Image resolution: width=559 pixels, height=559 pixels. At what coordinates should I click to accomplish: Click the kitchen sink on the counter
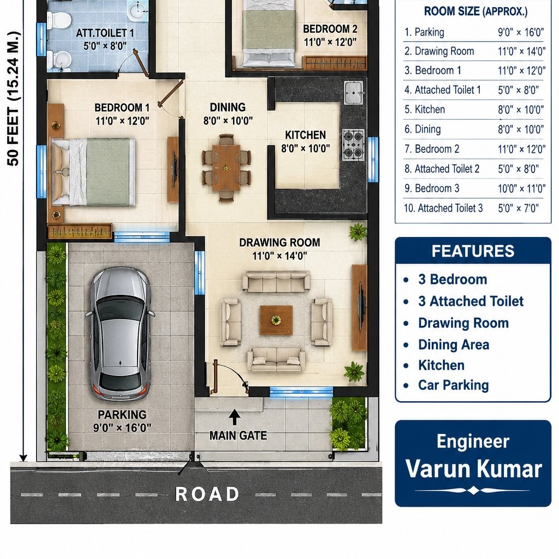click(354, 92)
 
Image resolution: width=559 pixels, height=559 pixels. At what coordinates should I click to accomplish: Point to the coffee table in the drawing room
click(276, 320)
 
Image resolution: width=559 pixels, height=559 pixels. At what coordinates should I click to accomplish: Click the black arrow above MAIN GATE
click(234, 417)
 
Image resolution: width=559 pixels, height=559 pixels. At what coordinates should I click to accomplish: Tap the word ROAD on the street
click(207, 494)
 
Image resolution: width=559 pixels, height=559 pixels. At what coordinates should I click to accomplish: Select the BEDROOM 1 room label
click(122, 108)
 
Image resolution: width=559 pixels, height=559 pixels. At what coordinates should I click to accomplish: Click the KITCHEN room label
click(305, 135)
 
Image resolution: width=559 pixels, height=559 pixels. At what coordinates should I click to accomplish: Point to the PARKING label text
click(122, 415)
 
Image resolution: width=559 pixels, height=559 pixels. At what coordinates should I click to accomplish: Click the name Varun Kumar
click(473, 468)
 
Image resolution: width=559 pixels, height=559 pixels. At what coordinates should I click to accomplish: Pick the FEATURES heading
click(473, 251)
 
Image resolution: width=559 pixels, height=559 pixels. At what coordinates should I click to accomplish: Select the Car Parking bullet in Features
click(453, 385)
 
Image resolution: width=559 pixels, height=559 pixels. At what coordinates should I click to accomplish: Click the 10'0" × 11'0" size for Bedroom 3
click(521, 188)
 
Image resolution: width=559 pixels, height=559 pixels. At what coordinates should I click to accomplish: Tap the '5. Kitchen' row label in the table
click(425, 109)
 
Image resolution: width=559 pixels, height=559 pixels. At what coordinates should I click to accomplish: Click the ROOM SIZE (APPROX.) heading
click(475, 11)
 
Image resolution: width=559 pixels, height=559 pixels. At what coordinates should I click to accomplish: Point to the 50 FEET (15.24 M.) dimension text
click(13, 99)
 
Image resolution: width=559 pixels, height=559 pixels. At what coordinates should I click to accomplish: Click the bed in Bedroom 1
click(94, 172)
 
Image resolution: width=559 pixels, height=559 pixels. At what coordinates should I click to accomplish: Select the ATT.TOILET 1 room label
click(105, 33)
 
